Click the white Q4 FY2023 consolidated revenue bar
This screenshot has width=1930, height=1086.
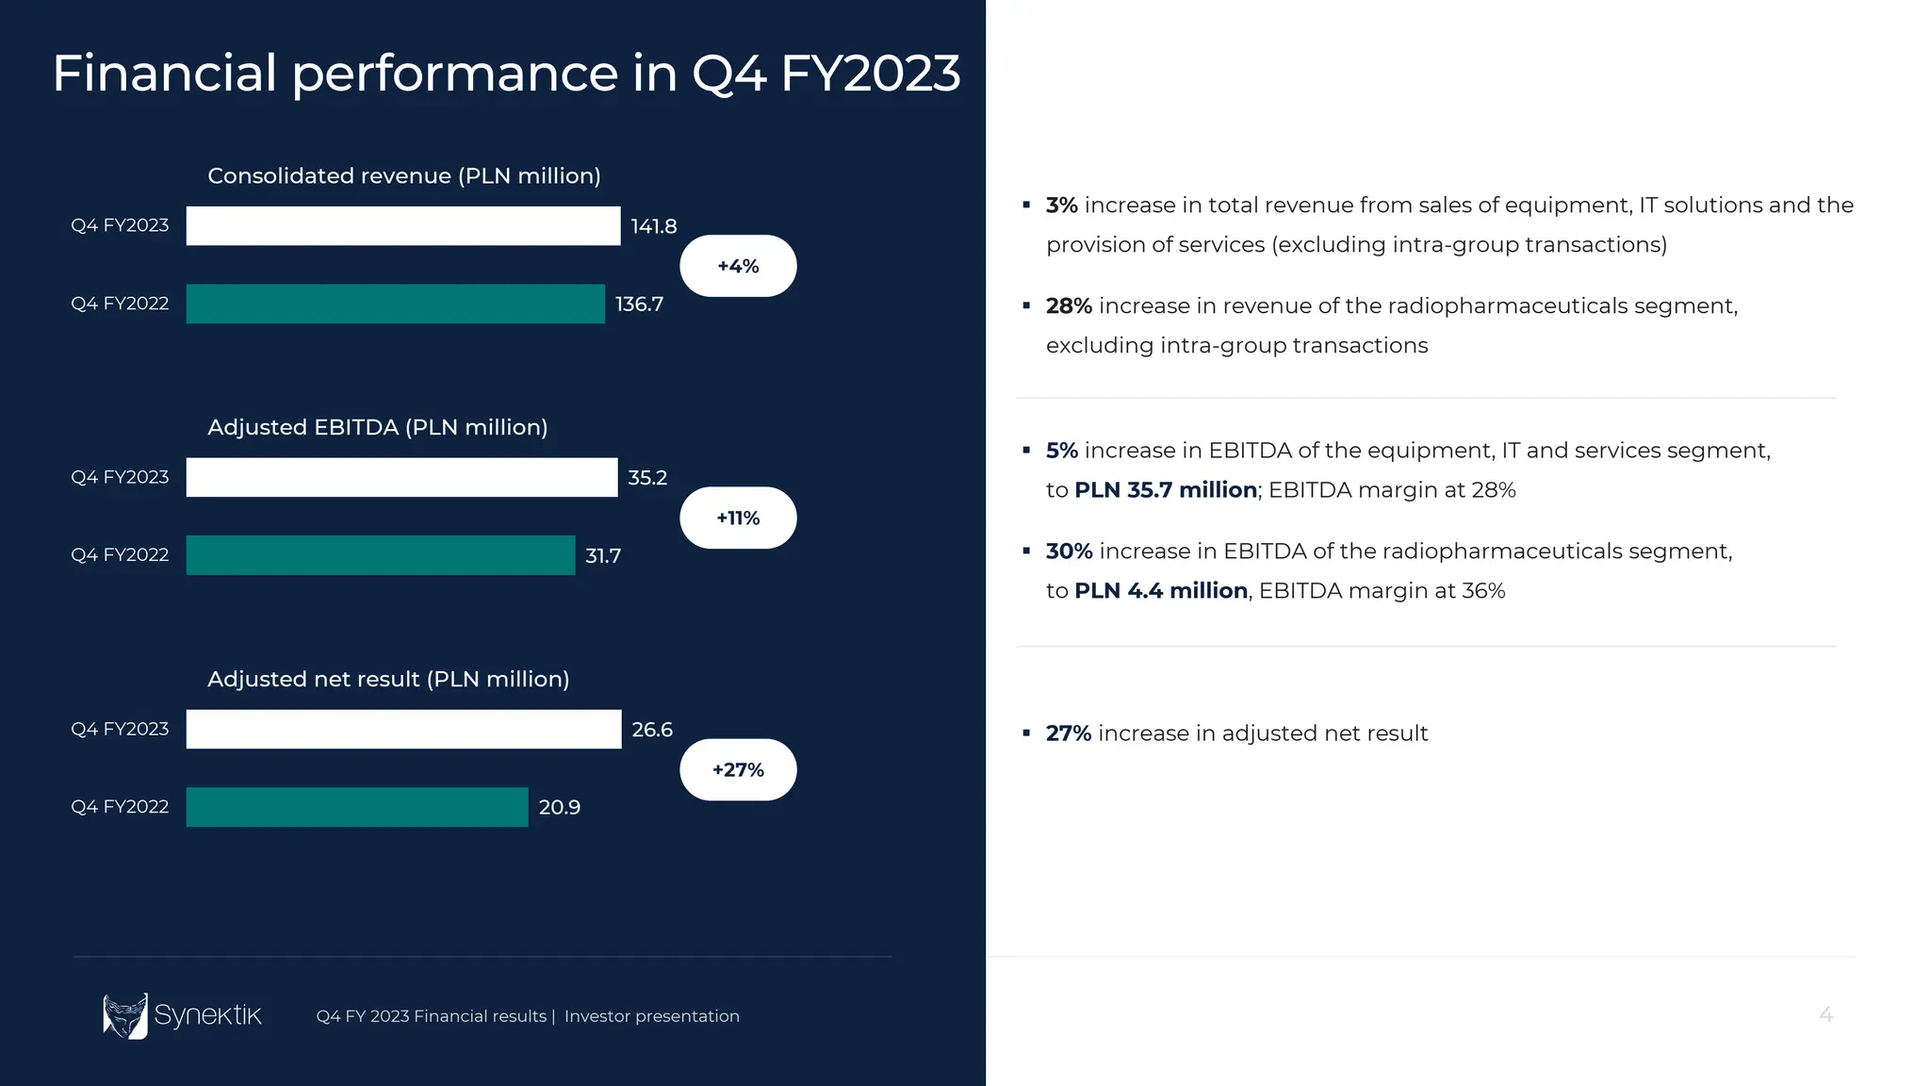tap(403, 226)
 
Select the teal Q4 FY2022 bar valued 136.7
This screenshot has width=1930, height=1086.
tap(395, 304)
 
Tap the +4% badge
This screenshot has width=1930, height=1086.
tap(738, 266)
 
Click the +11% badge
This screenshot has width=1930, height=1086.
tap(738, 518)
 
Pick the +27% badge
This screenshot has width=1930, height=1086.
tap(738, 769)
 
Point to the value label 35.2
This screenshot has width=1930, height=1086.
tap(647, 478)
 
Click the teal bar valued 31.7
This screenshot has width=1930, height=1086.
tap(381, 555)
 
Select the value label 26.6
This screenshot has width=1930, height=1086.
tap(652, 730)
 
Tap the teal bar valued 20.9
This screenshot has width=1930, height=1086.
tap(357, 807)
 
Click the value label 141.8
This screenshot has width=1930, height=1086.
tap(654, 226)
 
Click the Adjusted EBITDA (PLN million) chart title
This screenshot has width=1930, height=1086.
tap(377, 427)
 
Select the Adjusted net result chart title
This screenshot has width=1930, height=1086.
tap(388, 679)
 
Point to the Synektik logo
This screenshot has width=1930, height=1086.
tap(182, 1015)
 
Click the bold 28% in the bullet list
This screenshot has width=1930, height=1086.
tap(1069, 306)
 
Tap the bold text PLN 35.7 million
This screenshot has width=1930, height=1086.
tap(1166, 490)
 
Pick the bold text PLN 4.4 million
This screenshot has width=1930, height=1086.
tap(1161, 591)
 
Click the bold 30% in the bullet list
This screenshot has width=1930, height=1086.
tap(1069, 551)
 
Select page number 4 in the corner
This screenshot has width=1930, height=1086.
tap(1825, 1015)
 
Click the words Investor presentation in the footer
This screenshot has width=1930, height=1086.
tap(651, 1016)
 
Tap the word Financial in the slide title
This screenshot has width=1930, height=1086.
tap(164, 74)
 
